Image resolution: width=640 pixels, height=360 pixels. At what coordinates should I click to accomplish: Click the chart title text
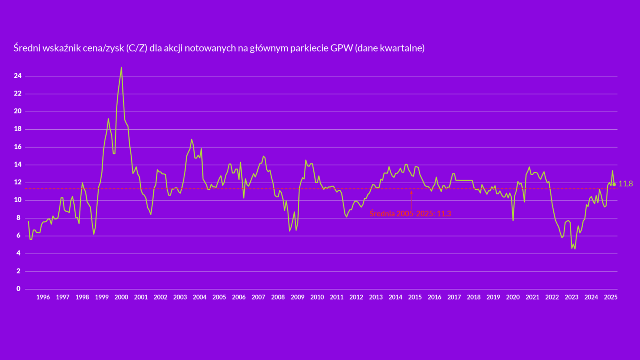point(219,48)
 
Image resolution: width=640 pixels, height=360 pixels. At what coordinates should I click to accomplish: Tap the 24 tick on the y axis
point(18,76)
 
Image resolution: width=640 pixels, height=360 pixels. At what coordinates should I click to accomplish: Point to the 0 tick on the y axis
point(18,289)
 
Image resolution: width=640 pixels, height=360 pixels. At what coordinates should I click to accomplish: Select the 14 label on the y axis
point(18,165)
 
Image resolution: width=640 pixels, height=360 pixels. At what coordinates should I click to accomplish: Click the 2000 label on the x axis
point(121,297)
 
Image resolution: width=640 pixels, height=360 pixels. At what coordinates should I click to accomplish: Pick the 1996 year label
point(43,297)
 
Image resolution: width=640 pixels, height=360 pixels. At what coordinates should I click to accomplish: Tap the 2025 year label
point(611,297)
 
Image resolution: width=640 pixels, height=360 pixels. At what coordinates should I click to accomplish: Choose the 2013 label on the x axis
point(376,297)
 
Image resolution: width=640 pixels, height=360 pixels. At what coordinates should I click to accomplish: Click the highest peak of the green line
point(121,68)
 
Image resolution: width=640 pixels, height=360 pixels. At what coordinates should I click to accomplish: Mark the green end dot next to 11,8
point(614,184)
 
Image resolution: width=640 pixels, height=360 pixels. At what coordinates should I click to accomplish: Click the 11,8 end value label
point(626,184)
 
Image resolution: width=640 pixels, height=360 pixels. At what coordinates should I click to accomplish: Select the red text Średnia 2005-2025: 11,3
point(410,214)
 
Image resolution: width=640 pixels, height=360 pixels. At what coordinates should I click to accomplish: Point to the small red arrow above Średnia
point(412,193)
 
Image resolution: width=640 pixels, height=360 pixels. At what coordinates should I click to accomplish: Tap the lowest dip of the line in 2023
point(575,248)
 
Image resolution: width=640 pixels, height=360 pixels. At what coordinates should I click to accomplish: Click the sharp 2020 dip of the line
point(513,220)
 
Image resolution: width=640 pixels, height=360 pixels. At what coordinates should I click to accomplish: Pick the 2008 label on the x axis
point(278,297)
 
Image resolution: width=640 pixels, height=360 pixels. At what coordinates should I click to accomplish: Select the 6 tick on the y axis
point(18,236)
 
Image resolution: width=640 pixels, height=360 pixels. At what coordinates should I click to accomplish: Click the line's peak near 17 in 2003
point(192,140)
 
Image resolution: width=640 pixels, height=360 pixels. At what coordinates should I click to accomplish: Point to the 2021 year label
point(532,297)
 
